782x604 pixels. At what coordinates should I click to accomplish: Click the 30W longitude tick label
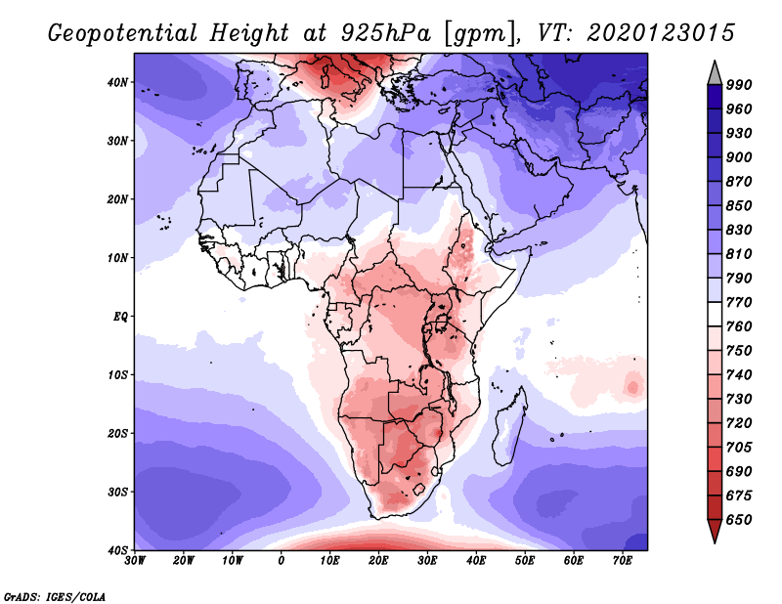(x=135, y=561)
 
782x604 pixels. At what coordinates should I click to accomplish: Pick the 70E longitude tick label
(x=623, y=561)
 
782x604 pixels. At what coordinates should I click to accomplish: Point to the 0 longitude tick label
(x=282, y=561)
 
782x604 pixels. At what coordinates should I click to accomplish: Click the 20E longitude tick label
(x=378, y=561)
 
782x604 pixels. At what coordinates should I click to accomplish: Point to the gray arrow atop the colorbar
(x=715, y=71)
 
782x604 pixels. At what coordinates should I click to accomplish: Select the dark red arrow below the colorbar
(x=715, y=532)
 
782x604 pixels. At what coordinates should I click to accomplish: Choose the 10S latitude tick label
(x=118, y=375)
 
